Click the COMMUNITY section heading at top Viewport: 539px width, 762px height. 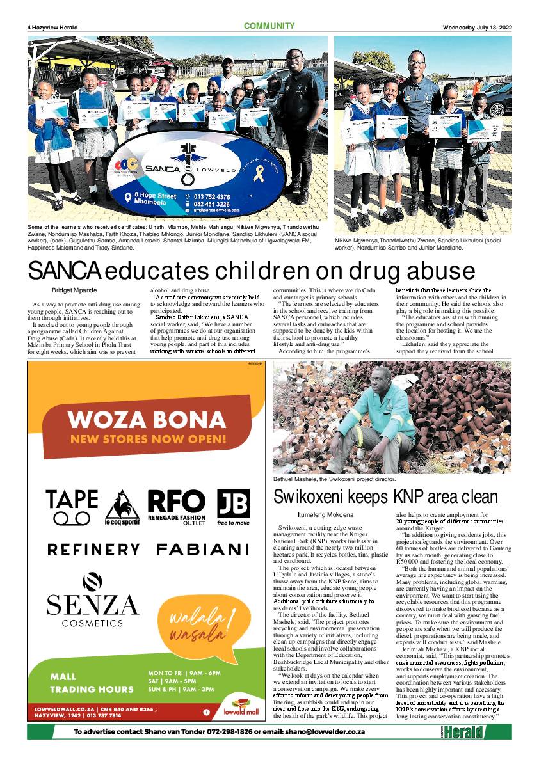pyautogui.click(x=269, y=26)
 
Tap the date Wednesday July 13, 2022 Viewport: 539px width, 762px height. pyautogui.click(x=478, y=27)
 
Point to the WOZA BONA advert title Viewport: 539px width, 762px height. pyautogui.click(x=147, y=420)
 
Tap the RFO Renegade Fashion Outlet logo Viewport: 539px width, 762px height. pyautogui.click(x=177, y=506)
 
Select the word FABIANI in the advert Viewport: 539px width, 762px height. pyautogui.click(x=202, y=549)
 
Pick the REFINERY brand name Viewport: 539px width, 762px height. pyautogui.click(x=93, y=549)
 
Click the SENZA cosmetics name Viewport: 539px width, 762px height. pyautogui.click(x=92, y=604)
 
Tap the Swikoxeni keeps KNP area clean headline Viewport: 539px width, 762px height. pyautogui.click(x=385, y=496)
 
